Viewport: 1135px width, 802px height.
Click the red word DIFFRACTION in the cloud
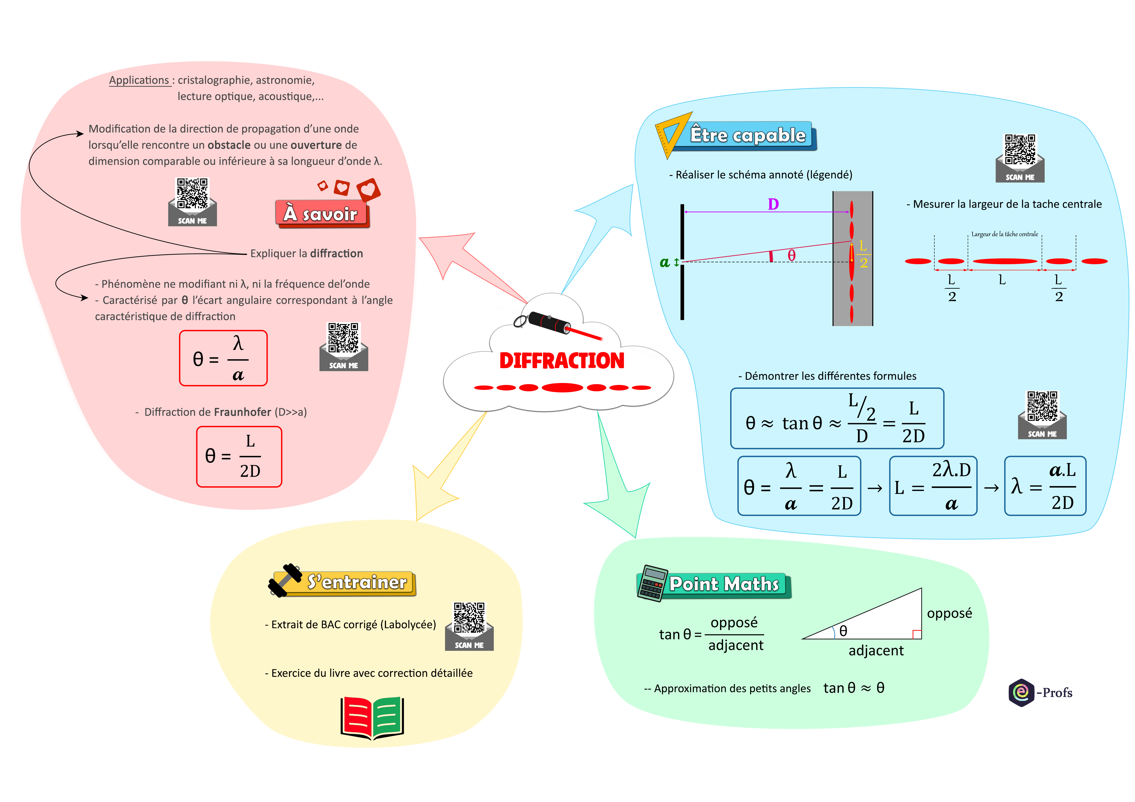(x=562, y=361)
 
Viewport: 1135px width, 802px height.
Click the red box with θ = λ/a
(x=223, y=358)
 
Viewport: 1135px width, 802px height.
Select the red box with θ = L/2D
(x=239, y=457)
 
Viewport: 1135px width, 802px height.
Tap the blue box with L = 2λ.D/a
(x=933, y=486)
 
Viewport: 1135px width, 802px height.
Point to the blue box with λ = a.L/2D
(x=1045, y=486)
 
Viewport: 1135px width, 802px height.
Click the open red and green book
(x=372, y=718)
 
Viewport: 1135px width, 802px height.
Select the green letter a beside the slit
(x=665, y=262)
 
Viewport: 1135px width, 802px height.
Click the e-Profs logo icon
(x=1021, y=692)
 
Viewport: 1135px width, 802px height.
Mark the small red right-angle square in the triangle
(x=917, y=634)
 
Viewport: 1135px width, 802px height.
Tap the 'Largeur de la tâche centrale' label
(x=1004, y=234)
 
